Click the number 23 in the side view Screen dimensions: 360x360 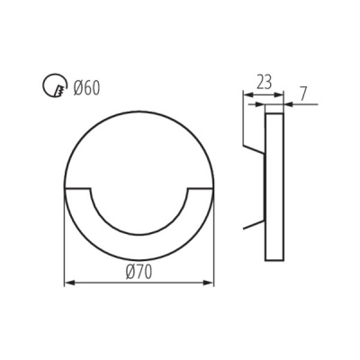tap(262, 80)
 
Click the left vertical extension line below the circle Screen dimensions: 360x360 tap(66, 243)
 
